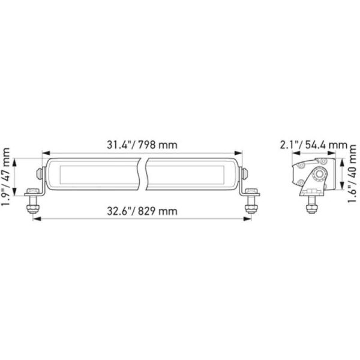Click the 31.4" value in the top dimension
(x=119, y=145)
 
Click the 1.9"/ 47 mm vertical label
(x=7, y=178)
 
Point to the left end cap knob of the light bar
(x=39, y=172)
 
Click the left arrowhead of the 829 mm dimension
(x=35, y=220)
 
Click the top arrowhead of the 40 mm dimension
(x=340, y=161)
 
